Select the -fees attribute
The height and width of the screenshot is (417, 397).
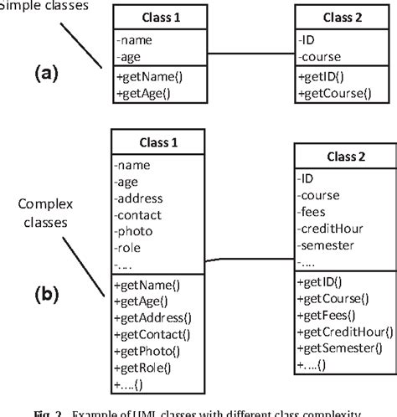tap(312, 214)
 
